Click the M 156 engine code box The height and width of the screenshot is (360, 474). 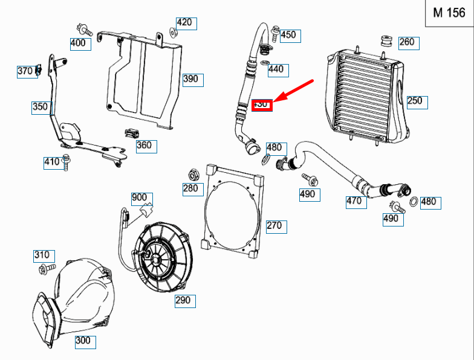(449, 14)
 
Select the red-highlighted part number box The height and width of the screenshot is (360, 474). (262, 105)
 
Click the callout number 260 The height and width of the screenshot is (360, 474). (407, 42)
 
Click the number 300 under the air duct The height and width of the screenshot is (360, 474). (83, 341)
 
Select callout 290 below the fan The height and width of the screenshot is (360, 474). (183, 300)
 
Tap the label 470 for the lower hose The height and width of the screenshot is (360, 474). (355, 201)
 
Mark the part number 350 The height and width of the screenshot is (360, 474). (40, 108)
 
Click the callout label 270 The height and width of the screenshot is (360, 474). (274, 226)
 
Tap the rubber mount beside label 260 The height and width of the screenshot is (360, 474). (385, 42)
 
